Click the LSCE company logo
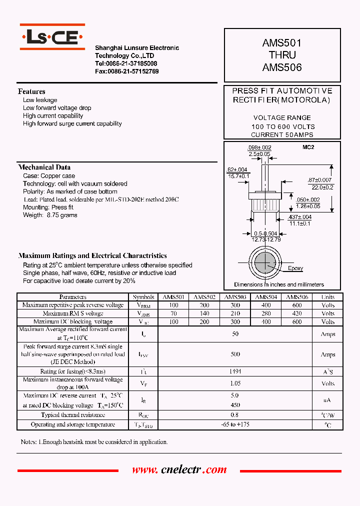(x=52, y=36)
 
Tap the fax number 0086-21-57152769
(x=127, y=71)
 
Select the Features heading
(x=31, y=91)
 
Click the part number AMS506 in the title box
(x=282, y=67)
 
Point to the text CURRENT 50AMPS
(x=282, y=135)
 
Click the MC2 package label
(x=308, y=147)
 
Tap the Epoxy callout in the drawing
(x=295, y=268)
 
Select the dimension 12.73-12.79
(x=266, y=239)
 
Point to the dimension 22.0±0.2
(x=322, y=187)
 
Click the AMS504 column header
(x=266, y=297)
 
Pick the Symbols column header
(x=143, y=297)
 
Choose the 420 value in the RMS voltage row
(x=297, y=313)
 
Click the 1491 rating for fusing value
(x=235, y=371)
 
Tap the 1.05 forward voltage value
(x=235, y=383)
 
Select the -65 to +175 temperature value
(x=235, y=424)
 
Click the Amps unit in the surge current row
(x=328, y=354)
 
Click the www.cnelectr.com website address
(x=179, y=470)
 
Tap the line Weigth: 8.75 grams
(x=50, y=215)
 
